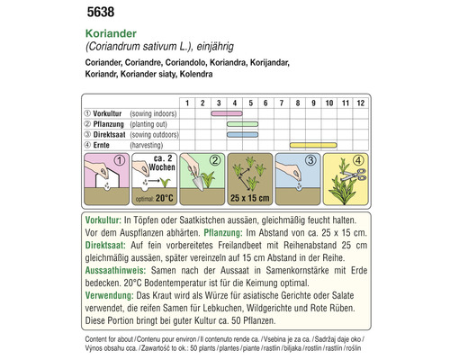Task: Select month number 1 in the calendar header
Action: click(x=187, y=103)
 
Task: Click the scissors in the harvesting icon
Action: click(x=347, y=180)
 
